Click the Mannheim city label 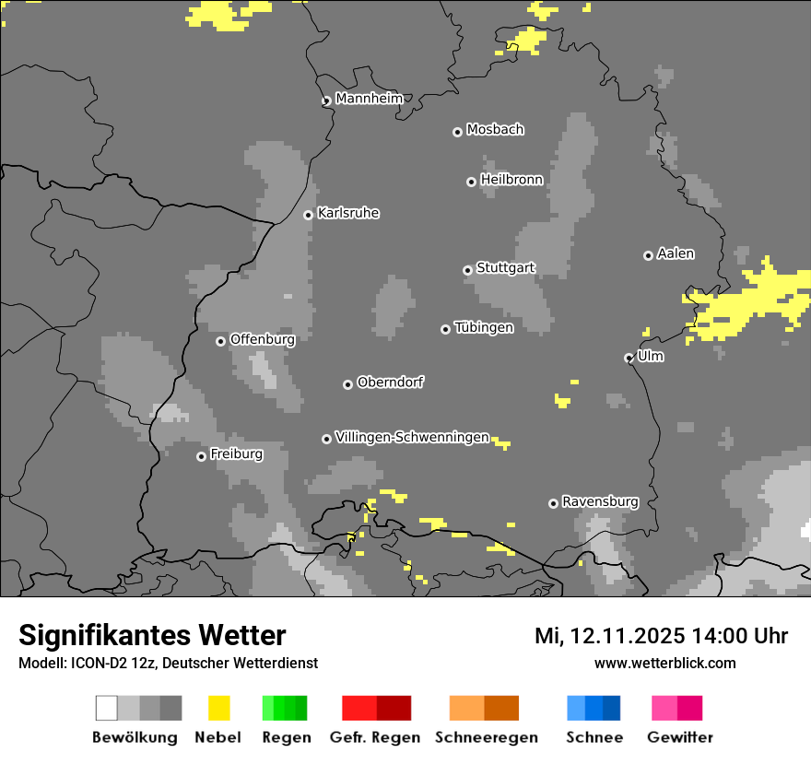(x=370, y=99)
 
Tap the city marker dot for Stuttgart (x=467, y=270)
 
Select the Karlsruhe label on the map (x=348, y=213)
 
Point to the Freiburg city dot (x=201, y=456)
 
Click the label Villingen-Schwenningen (x=412, y=437)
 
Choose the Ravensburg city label (x=600, y=501)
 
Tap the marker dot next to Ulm (x=629, y=358)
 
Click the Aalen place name (x=676, y=253)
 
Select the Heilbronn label (x=511, y=180)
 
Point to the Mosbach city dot (x=457, y=132)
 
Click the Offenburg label (x=263, y=339)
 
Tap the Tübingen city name (x=484, y=327)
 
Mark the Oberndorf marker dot (x=347, y=384)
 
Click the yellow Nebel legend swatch (x=219, y=708)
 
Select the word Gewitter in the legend (x=680, y=737)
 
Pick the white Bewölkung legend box (x=107, y=708)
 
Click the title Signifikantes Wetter (x=152, y=635)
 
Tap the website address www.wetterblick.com (x=665, y=663)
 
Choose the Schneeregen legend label (x=487, y=737)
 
